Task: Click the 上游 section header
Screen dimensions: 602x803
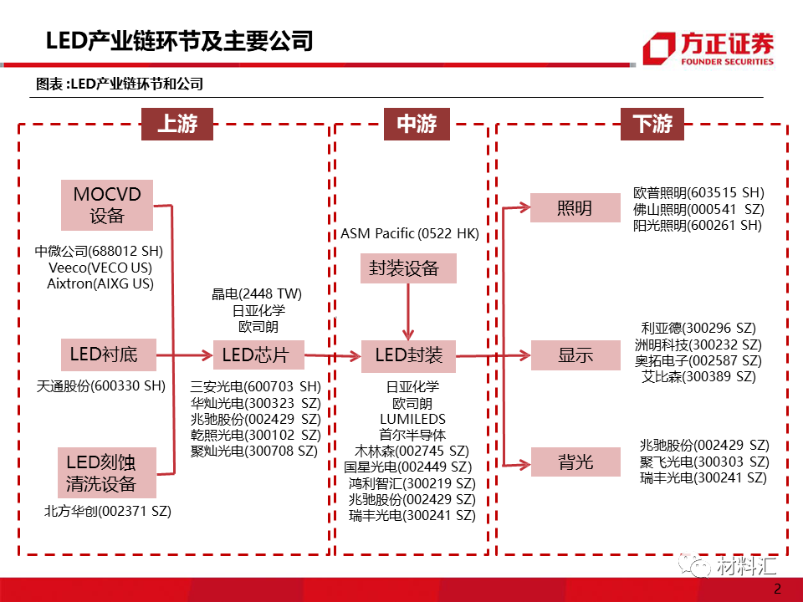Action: (176, 125)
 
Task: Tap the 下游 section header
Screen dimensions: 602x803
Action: (652, 125)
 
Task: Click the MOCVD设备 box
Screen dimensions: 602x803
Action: (107, 205)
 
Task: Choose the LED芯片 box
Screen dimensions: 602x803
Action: (255, 355)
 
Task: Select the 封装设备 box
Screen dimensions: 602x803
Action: (409, 268)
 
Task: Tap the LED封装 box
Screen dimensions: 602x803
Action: (409, 355)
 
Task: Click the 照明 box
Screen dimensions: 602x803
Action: (575, 208)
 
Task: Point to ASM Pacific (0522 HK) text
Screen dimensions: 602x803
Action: (410, 234)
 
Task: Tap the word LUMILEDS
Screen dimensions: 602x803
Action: (412, 419)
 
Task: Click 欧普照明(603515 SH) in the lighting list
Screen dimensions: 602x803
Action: (698, 192)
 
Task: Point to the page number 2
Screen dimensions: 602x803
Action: (777, 588)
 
